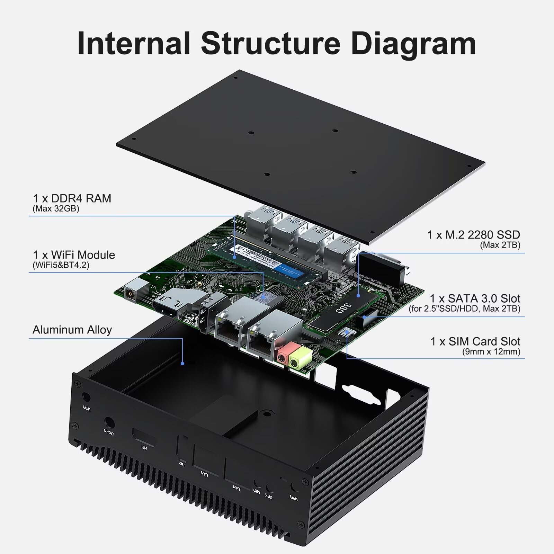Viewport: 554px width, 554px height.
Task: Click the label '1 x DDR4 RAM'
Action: (72, 198)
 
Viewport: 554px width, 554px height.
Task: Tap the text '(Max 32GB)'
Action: (56, 209)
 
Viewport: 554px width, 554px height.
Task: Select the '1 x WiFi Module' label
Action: (74, 255)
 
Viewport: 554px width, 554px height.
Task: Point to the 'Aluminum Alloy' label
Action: (72, 330)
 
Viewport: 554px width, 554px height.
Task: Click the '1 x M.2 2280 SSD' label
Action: (473, 235)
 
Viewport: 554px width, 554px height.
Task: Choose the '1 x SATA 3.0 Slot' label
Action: (475, 298)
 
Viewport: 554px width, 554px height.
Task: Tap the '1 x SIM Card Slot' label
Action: (475, 341)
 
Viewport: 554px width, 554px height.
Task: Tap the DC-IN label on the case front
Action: (108, 433)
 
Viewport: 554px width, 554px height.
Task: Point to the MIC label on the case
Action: (257, 491)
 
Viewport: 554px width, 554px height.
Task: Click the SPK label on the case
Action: (269, 496)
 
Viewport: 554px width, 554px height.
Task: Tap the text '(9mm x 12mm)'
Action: (491, 352)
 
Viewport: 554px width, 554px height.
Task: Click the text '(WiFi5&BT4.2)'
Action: (61, 265)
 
